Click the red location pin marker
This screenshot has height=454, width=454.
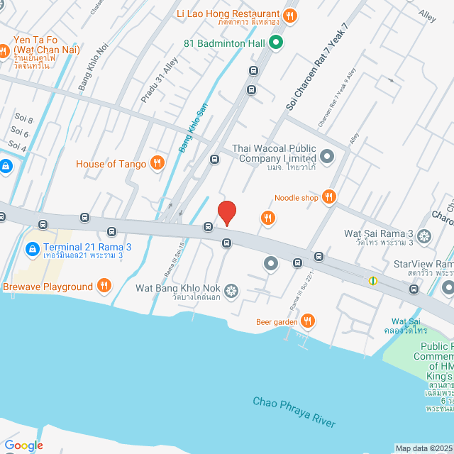pos(226,213)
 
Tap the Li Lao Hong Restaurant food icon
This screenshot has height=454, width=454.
pos(289,15)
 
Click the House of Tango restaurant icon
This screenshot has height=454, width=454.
pos(158,164)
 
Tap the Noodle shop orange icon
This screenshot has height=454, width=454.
pos(328,197)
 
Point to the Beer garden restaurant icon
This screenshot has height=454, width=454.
pos(307,321)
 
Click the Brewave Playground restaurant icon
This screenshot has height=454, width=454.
pos(104,287)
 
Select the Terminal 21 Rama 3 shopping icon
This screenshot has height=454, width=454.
pos(32,249)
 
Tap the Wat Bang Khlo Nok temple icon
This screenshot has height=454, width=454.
pos(231,289)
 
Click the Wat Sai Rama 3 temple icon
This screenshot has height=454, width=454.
pos(424,234)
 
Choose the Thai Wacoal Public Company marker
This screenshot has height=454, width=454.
pos(326,155)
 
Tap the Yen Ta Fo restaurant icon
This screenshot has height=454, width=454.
pos(4,50)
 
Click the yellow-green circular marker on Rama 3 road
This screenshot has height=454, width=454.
pos(372,281)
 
